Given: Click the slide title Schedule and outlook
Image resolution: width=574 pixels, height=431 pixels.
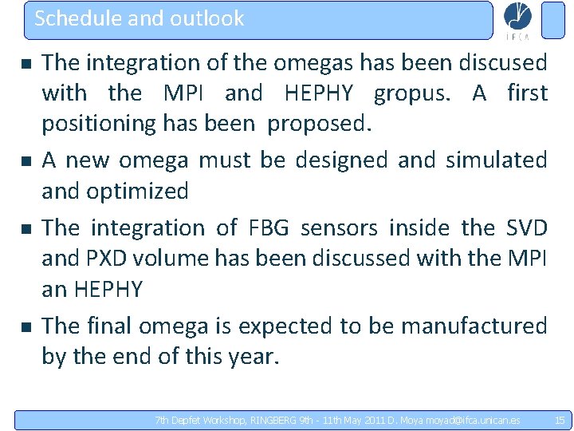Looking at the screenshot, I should click(x=139, y=18).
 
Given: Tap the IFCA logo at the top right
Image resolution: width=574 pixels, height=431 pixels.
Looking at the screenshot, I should click(x=517, y=20).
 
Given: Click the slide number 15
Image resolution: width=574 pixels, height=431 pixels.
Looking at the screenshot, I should click(x=559, y=420).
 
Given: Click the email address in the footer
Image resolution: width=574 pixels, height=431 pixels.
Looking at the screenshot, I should click(x=473, y=420).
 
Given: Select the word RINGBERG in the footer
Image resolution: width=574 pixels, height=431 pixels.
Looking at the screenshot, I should click(x=273, y=420).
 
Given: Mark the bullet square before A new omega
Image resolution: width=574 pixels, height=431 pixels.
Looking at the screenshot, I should click(x=26, y=161).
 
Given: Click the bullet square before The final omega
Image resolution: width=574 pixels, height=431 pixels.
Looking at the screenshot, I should click(x=26, y=326).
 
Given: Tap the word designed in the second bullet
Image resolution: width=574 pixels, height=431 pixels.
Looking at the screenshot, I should click(x=343, y=160).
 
